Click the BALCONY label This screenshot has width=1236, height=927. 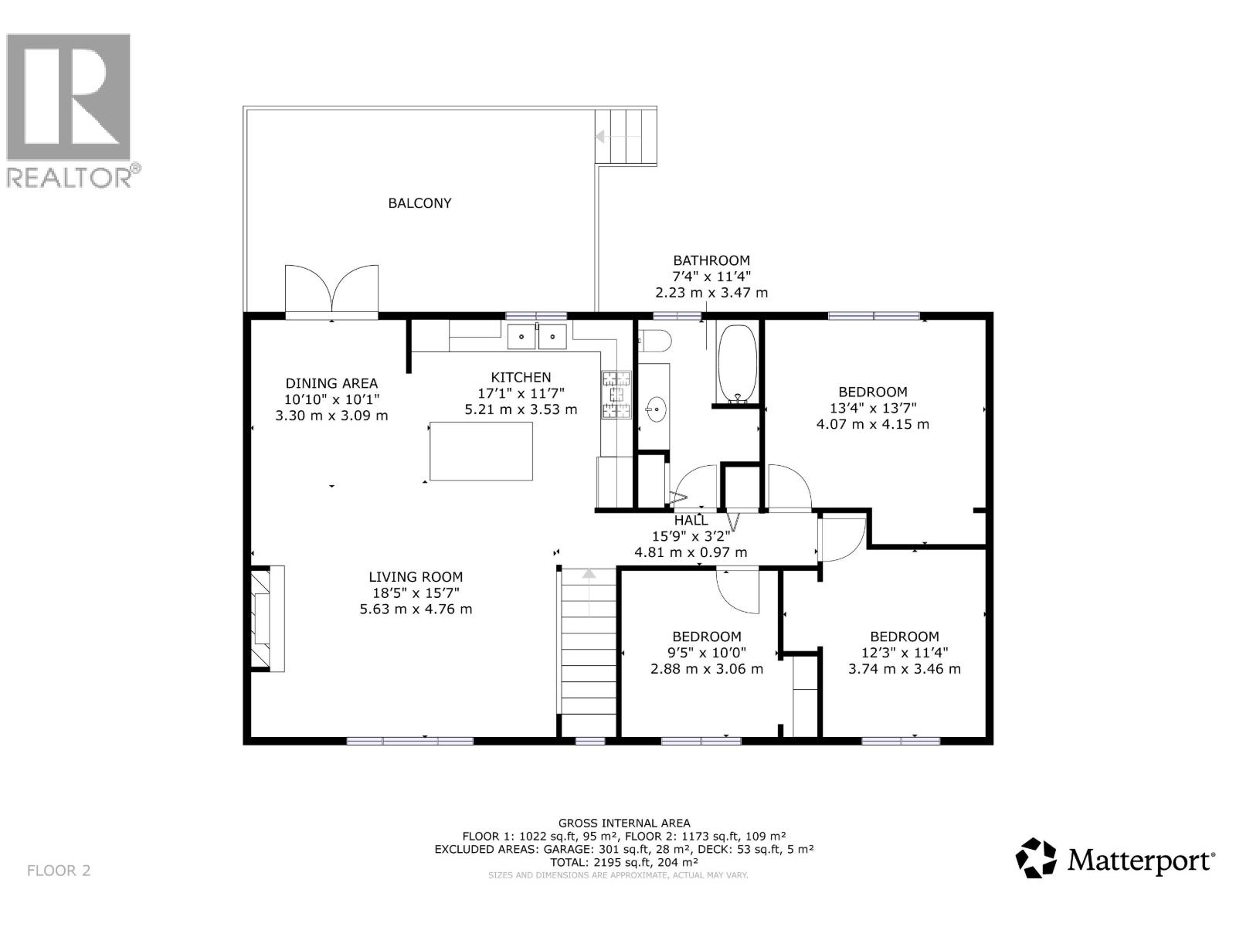(x=419, y=203)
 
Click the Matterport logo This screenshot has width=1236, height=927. (x=1115, y=858)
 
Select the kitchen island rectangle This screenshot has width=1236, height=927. (x=481, y=451)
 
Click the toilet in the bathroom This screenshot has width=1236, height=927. (x=655, y=341)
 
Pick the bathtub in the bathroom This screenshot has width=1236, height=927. (x=736, y=363)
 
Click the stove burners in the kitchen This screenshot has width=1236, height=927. (x=616, y=395)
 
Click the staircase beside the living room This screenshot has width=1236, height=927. (x=589, y=649)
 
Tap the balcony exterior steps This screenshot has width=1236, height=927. (x=626, y=136)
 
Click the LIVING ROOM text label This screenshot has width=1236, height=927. (x=416, y=576)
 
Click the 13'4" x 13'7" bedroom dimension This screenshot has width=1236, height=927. (x=873, y=408)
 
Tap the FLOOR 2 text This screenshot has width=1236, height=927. (x=59, y=871)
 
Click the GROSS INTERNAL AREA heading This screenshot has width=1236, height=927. (x=624, y=823)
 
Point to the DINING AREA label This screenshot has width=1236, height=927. (x=331, y=383)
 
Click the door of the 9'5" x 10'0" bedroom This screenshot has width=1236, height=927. (x=738, y=589)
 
